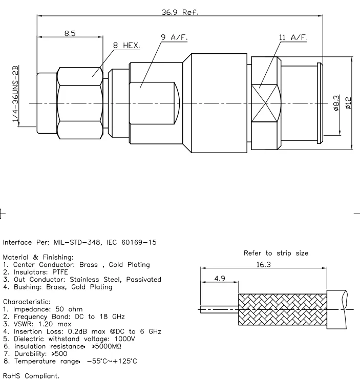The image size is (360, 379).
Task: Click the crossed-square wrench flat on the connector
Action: (266, 94)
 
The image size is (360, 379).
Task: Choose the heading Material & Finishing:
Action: (38, 257)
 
